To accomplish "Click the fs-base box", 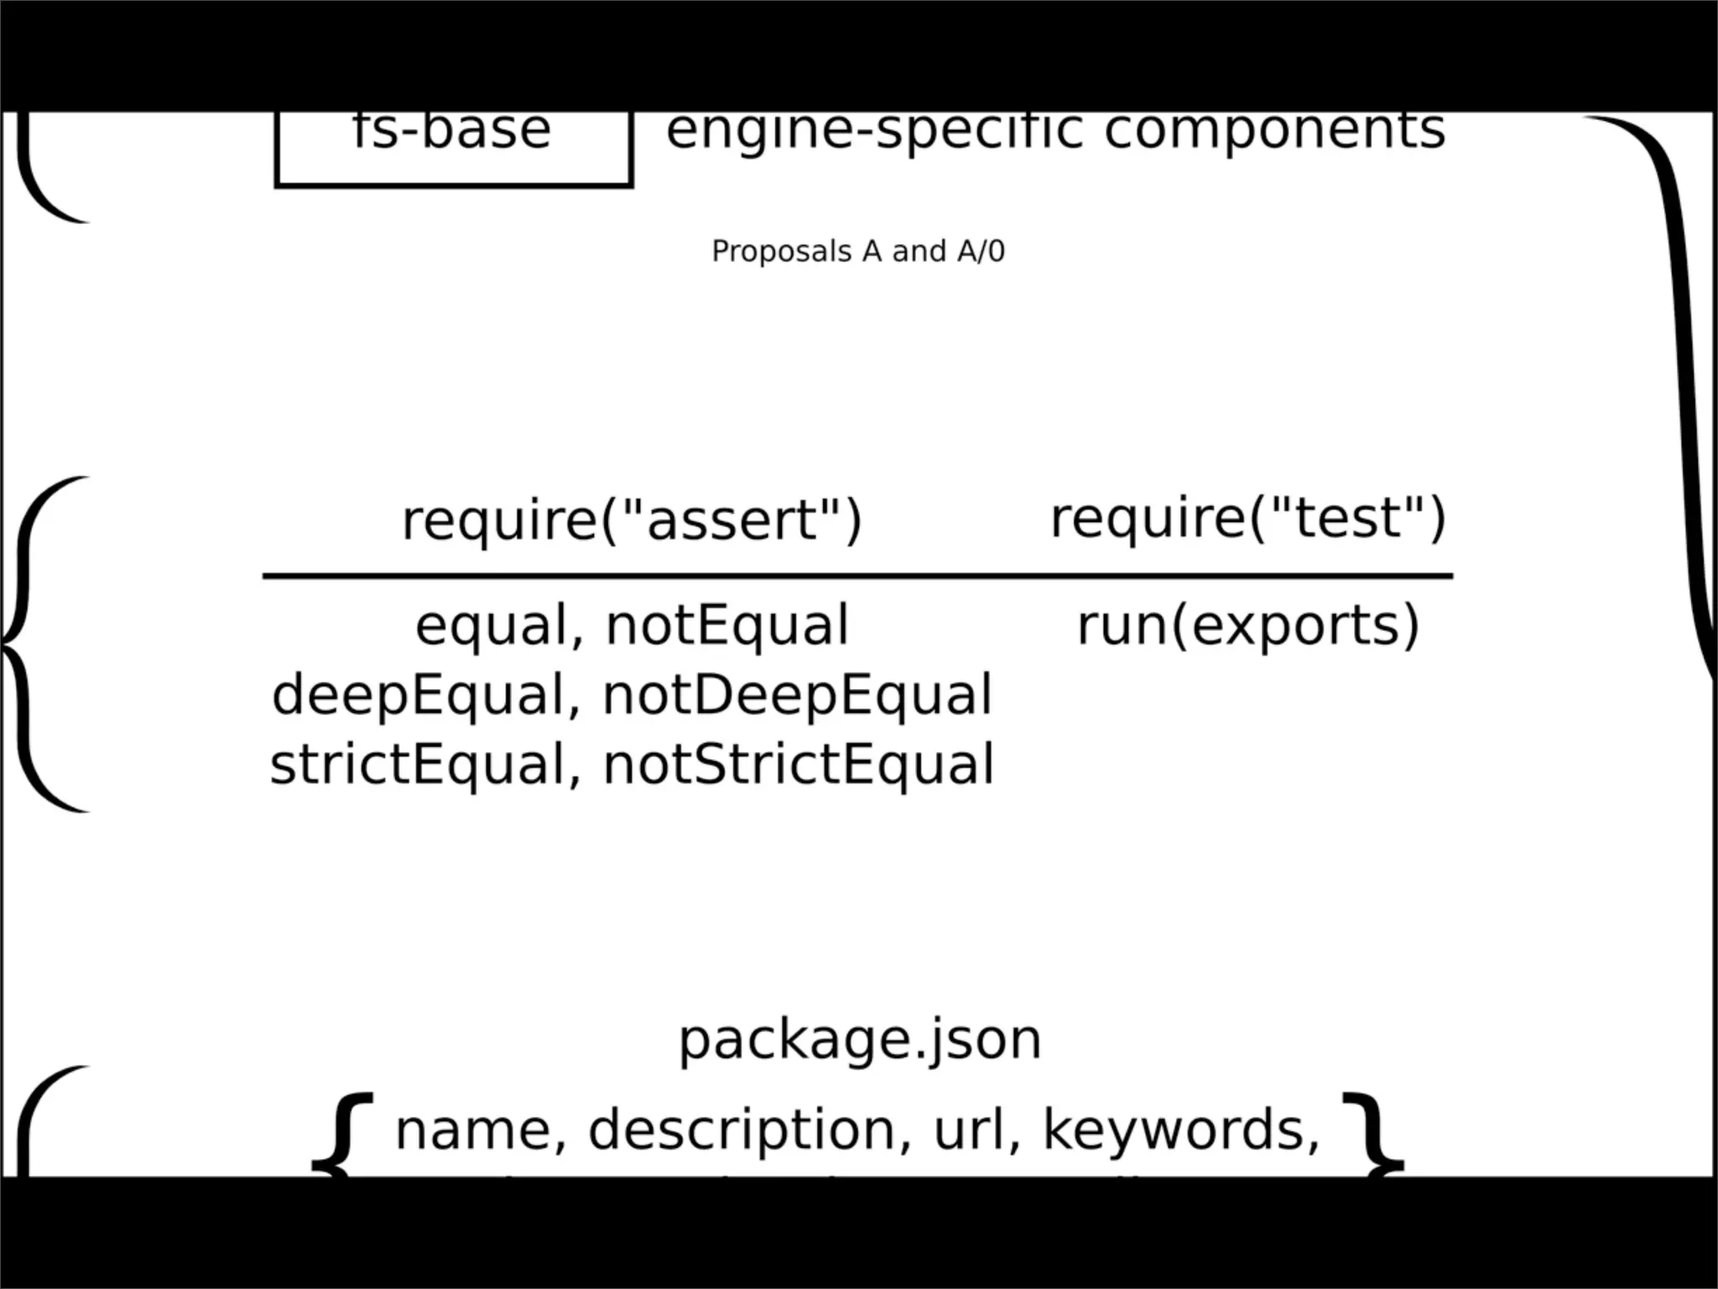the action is click(x=453, y=147).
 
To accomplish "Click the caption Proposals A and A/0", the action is click(x=857, y=251).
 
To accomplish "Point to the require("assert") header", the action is click(x=632, y=519).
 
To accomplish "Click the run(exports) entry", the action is click(x=1247, y=626).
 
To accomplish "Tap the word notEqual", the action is click(x=726, y=626).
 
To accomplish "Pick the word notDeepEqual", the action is click(x=797, y=696).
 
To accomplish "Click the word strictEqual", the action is click(x=418, y=765).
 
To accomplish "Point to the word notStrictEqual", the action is click(x=799, y=765).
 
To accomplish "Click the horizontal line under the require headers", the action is click(x=857, y=577).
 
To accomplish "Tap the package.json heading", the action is click(x=859, y=1040).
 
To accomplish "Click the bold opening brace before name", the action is click(x=342, y=1133).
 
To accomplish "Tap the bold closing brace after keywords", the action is click(x=1372, y=1133).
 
